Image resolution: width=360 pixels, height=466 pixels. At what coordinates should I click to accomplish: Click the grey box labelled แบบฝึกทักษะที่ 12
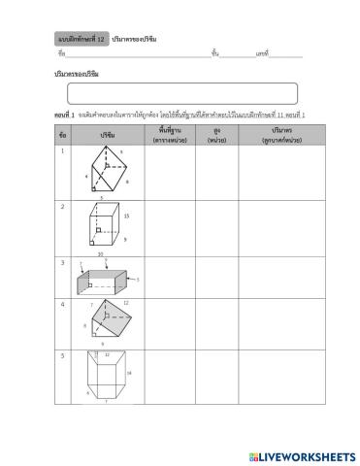click(82, 38)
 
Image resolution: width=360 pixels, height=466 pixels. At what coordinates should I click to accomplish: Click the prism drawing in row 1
click(107, 171)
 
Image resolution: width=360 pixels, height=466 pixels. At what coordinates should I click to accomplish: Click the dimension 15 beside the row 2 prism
click(127, 216)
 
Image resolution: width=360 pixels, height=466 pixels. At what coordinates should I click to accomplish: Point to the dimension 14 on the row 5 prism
click(128, 373)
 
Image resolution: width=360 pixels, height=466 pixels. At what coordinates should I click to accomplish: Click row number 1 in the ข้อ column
click(62, 150)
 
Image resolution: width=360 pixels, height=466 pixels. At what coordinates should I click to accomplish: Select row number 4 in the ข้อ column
click(62, 304)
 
